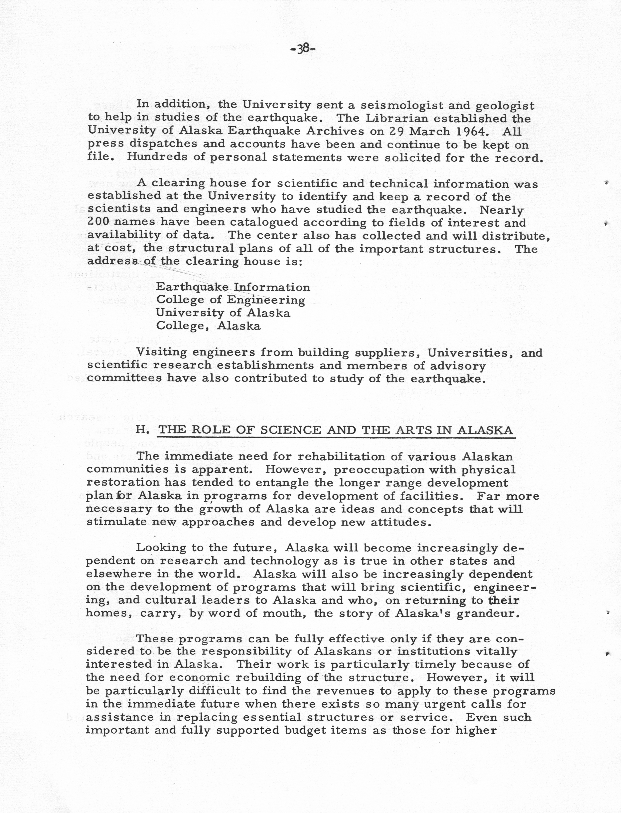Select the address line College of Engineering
point(230,300)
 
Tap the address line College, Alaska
point(208,326)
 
